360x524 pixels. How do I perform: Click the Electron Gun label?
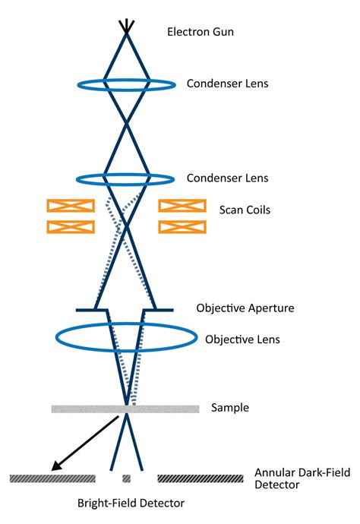pyautogui.click(x=201, y=32)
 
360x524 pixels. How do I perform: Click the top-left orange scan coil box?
pyautogui.click(x=71, y=206)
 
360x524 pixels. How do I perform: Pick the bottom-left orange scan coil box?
pyautogui.click(x=71, y=226)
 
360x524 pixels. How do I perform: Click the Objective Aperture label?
pyautogui.click(x=245, y=308)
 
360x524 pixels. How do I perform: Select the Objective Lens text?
pyautogui.click(x=242, y=339)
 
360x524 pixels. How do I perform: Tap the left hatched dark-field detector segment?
pyautogui.click(x=52, y=478)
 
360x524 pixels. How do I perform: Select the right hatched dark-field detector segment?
pyautogui.click(x=201, y=478)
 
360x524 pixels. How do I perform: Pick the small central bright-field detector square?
pyautogui.click(x=126, y=478)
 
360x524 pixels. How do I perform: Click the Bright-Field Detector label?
pyautogui.click(x=131, y=503)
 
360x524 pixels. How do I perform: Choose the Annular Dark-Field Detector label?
pyautogui.click(x=302, y=478)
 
